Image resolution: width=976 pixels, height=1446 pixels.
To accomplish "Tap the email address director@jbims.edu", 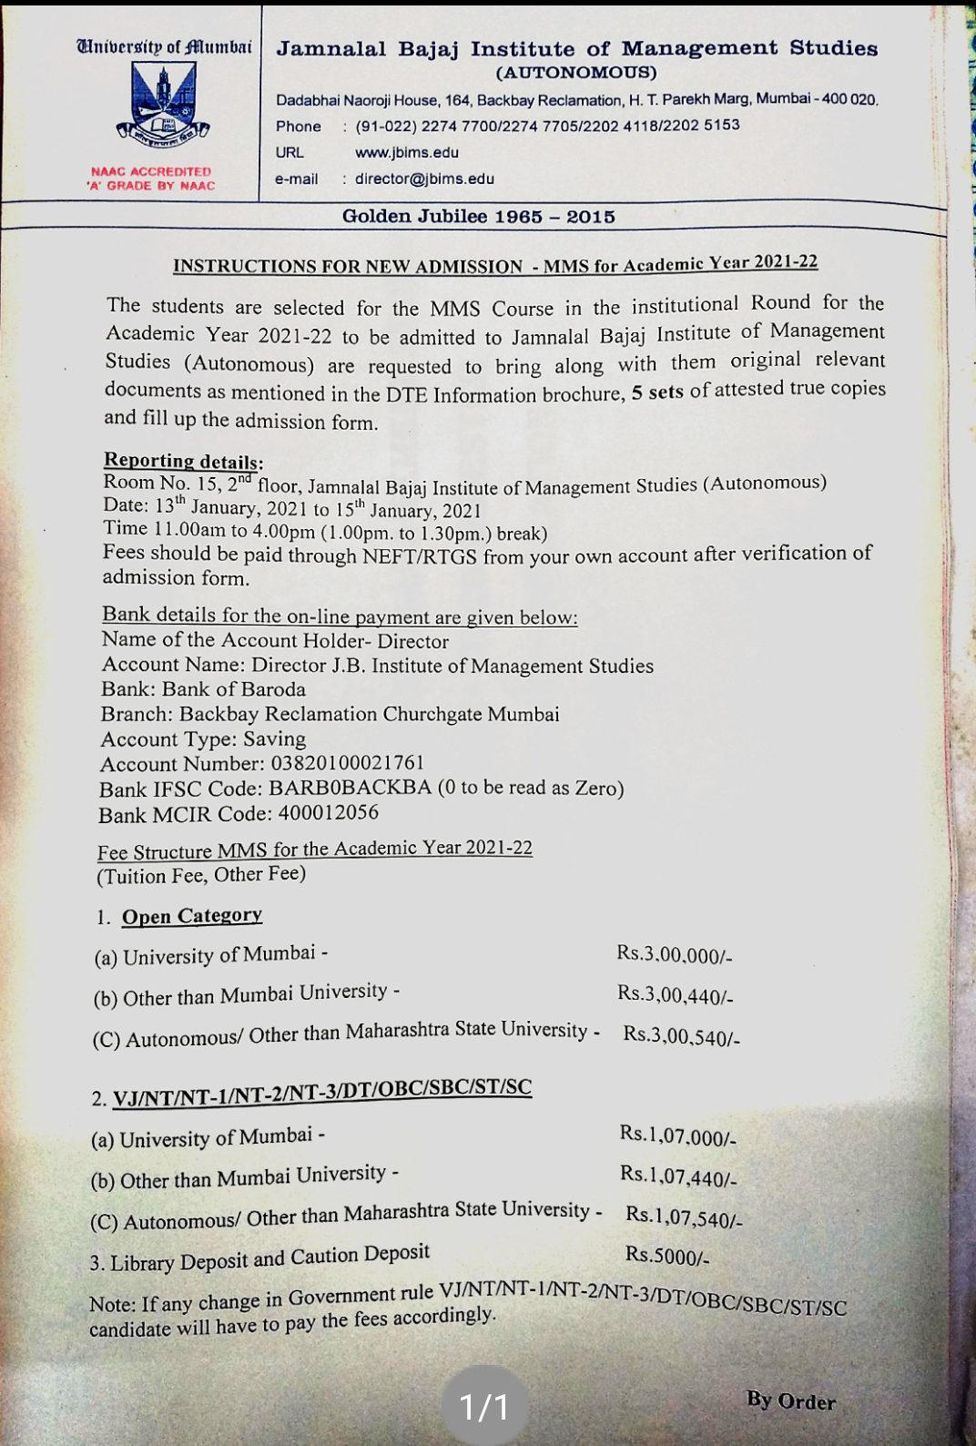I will [424, 178].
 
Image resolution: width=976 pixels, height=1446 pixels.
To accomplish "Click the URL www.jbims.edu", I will [406, 152].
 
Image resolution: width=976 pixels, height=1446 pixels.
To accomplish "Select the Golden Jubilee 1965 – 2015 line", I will [479, 217].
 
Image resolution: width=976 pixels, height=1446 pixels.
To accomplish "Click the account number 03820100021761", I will [348, 763].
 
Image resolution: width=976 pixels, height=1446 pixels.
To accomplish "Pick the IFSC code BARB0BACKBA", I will [350, 788].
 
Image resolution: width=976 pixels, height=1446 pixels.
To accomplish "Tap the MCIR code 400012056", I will [329, 812].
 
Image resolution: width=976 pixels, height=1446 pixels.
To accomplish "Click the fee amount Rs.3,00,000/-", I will [674, 954].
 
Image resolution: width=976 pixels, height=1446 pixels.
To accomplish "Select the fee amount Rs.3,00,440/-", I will [675, 995].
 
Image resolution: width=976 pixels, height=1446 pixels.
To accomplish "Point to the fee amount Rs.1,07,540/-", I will [684, 1217].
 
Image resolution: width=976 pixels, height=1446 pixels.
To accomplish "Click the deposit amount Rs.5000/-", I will [666, 1257].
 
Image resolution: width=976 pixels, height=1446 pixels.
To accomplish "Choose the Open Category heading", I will [192, 916].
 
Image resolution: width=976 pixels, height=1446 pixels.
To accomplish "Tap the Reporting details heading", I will [183, 461].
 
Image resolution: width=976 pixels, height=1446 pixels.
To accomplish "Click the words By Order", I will [790, 1400].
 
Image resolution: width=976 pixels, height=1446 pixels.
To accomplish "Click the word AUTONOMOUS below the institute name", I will [576, 73].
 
